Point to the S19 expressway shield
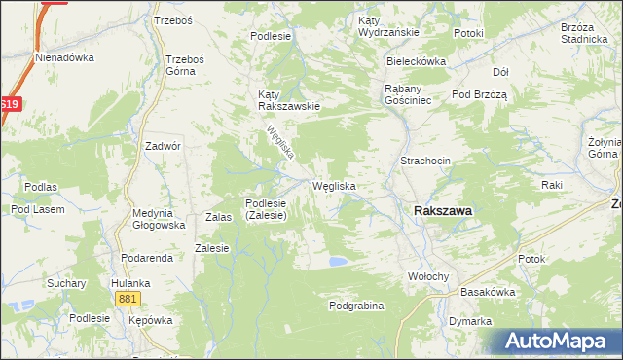click(9, 104)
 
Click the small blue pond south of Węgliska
click(338, 261)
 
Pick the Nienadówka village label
click(64, 56)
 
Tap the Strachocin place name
click(424, 161)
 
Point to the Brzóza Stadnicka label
click(584, 34)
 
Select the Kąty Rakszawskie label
click(289, 100)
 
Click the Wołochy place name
click(428, 276)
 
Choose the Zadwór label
click(163, 145)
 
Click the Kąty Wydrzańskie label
click(388, 26)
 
